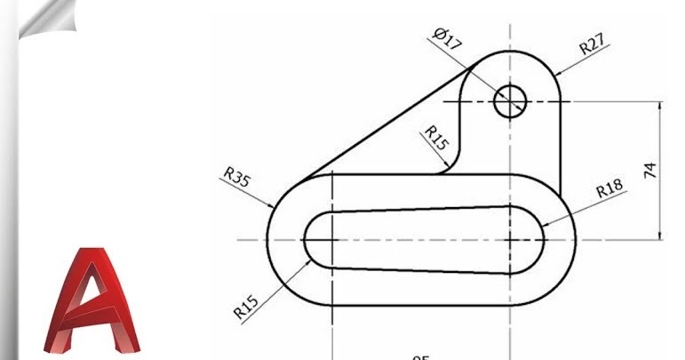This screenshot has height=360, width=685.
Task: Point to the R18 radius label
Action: [609, 189]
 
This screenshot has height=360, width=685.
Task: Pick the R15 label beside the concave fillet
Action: [436, 138]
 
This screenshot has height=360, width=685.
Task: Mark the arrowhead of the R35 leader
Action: [274, 208]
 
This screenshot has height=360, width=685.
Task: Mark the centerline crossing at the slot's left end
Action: [331, 240]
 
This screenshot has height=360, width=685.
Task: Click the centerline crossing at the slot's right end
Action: [510, 240]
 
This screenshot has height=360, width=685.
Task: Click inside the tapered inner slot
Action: [418, 240]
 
